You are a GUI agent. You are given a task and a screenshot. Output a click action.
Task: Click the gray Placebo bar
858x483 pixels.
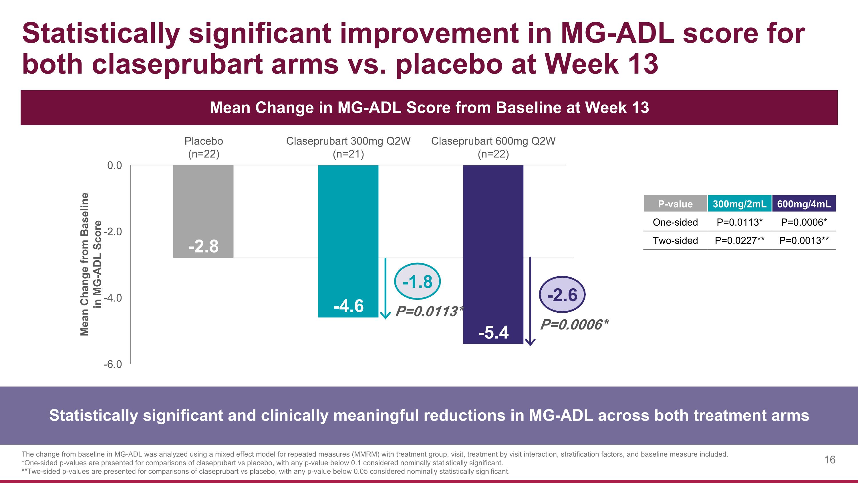coord(203,211)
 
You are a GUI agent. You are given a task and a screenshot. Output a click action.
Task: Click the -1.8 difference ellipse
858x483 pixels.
coord(417,281)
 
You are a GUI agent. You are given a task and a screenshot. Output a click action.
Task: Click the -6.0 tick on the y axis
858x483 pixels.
coord(113,364)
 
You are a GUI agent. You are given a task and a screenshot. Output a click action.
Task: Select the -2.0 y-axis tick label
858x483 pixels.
coord(113,231)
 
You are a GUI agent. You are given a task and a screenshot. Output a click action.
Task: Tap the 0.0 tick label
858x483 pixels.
coord(114,165)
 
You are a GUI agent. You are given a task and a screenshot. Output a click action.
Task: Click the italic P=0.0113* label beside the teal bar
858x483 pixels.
coord(429,311)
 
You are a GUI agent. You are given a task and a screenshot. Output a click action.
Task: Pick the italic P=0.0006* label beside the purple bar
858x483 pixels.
coord(574,324)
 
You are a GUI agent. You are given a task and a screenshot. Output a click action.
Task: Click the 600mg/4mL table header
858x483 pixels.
coord(804,204)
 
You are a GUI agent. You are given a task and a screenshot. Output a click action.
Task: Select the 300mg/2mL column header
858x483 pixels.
coord(739,204)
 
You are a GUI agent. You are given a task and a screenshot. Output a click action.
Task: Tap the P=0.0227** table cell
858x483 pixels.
coord(739,240)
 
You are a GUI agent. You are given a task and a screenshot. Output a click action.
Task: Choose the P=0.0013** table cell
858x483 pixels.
coord(804,240)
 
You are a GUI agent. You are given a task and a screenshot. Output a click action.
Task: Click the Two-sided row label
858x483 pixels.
coord(675,240)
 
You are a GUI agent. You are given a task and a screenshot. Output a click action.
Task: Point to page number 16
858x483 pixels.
coord(830,460)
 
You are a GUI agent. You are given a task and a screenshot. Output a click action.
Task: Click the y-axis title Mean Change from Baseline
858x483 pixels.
coord(85,264)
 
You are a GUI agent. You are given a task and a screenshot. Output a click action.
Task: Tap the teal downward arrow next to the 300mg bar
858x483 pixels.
coord(385,288)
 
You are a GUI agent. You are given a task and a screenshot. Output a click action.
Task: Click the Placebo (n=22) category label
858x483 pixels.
coord(204,147)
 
